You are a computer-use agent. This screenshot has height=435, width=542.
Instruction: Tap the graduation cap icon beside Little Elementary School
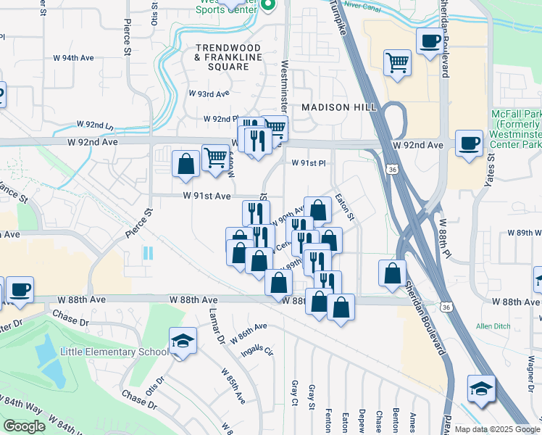coord(183,342)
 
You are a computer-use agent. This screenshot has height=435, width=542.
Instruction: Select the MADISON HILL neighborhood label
coord(338,107)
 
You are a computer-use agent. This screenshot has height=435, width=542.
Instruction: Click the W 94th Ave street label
coord(75,57)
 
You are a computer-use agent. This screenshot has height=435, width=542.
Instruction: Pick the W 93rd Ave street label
coord(209,94)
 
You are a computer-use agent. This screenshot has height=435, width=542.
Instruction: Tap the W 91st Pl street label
coord(309,163)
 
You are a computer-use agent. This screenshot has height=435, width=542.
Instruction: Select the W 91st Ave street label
coord(207,196)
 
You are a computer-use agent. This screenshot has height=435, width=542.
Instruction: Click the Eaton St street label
coord(345,207)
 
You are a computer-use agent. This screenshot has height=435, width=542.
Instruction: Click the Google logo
coord(24,426)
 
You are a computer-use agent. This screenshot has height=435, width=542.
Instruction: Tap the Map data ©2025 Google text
coord(496,429)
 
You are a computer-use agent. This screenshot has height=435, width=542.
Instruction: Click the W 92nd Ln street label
coord(95,126)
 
